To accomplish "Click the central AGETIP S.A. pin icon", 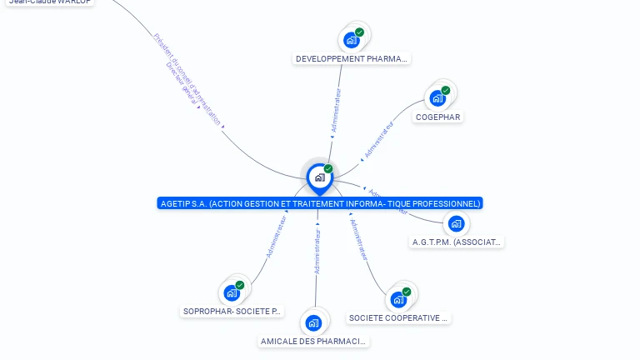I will (319, 177).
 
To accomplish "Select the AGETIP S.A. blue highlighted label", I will (319, 203).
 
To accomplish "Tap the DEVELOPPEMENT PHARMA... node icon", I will (352, 39).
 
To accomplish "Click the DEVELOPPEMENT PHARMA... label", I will (352, 59).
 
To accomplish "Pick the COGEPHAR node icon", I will (437, 98).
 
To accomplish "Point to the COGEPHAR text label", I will (438, 117).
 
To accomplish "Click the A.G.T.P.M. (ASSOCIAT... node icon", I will (456, 223).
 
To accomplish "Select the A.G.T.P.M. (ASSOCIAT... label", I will (457, 242).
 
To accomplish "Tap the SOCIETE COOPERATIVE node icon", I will (398, 299).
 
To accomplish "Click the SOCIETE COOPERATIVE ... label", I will (398, 318).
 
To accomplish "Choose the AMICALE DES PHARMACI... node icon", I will (313, 322).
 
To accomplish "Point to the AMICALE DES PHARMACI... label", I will (313, 342).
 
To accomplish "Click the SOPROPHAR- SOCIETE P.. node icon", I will (232, 292).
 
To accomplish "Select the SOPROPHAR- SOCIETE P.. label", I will (232, 312).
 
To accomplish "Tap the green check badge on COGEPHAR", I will (445, 90).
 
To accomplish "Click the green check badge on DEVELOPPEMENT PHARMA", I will (359, 32).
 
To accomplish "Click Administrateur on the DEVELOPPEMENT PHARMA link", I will (335, 111).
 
